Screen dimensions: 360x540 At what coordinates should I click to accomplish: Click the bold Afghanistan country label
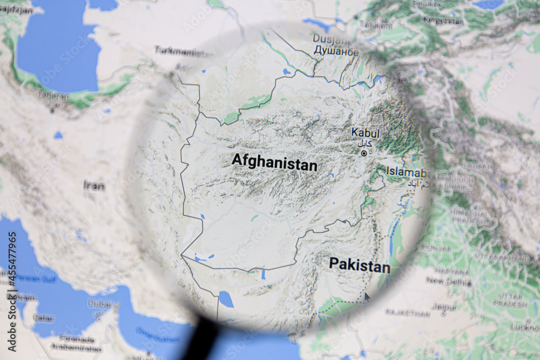274,162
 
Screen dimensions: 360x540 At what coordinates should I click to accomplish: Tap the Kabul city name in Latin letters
365,133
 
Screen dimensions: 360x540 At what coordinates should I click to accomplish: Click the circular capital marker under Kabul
364,153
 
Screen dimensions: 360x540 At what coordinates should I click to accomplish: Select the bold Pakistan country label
359,265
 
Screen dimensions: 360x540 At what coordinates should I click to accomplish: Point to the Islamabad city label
408,173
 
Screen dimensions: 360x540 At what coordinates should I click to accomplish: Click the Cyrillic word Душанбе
336,52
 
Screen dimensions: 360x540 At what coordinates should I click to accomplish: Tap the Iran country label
94,186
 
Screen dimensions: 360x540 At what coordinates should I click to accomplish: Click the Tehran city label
53,96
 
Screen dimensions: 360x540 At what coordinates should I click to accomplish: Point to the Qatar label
43,318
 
